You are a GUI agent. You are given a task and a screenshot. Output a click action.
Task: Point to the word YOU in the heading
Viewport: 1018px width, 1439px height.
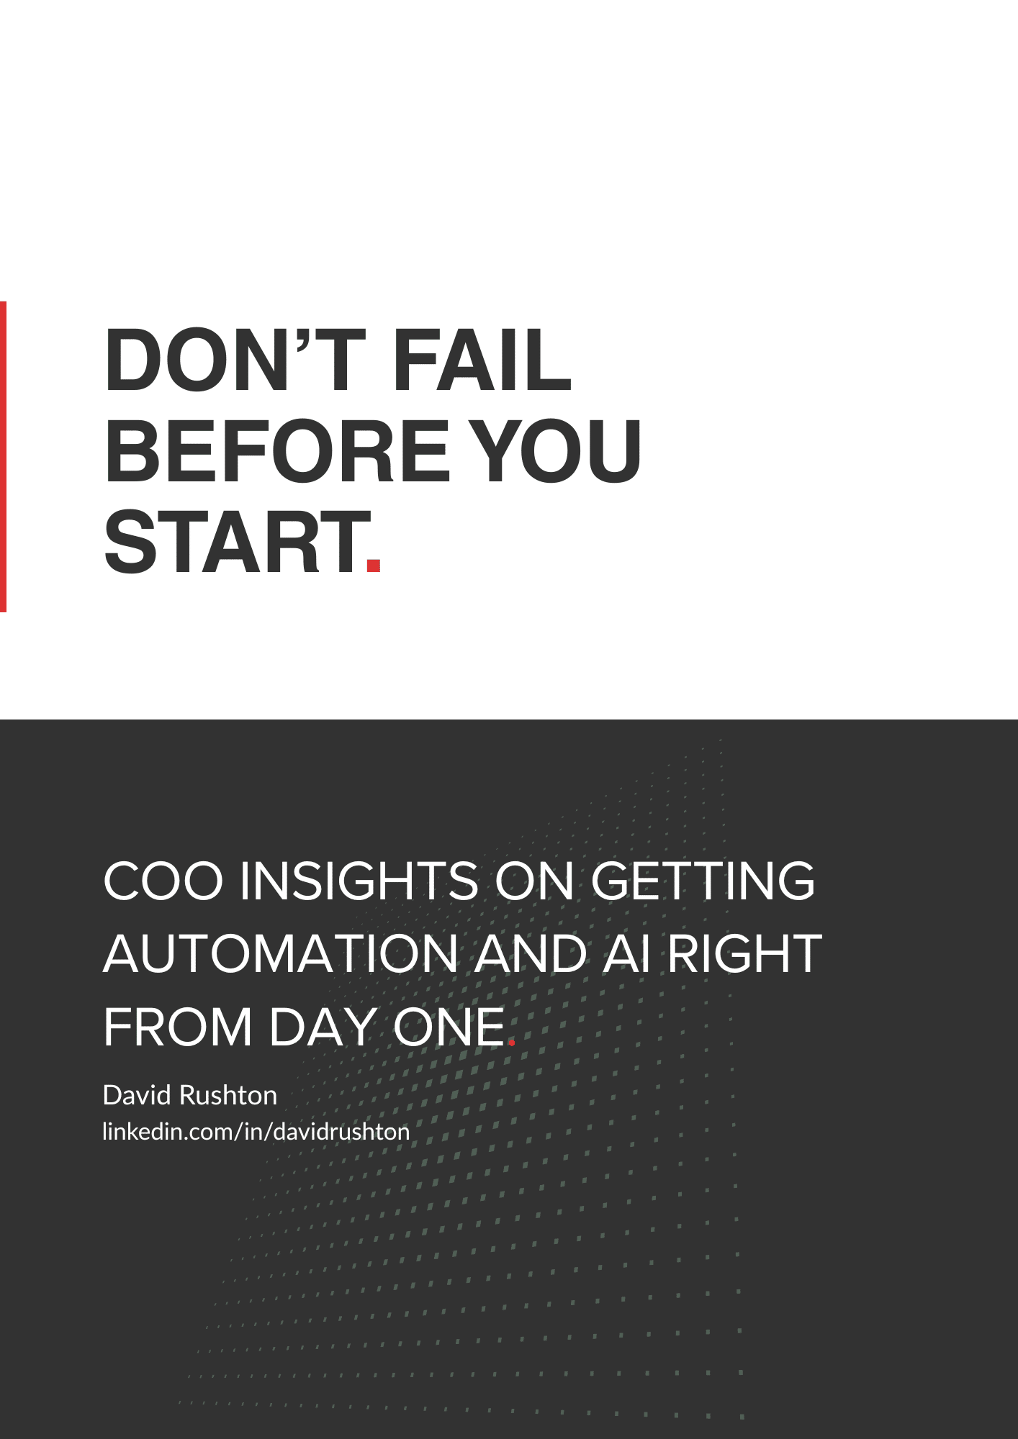click(x=559, y=450)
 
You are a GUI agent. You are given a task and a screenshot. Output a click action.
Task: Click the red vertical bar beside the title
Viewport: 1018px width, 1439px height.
click(x=3, y=457)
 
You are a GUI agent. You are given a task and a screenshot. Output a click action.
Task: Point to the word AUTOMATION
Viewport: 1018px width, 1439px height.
click(x=281, y=953)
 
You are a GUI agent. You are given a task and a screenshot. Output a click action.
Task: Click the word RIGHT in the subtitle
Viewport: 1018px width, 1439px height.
click(x=744, y=953)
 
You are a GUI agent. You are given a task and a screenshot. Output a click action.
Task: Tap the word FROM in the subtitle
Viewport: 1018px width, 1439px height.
click(x=179, y=1027)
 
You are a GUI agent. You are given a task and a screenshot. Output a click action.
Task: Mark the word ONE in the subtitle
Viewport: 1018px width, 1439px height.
click(x=449, y=1027)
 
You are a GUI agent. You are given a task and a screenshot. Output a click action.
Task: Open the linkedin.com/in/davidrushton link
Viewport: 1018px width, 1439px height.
click(x=256, y=1132)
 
